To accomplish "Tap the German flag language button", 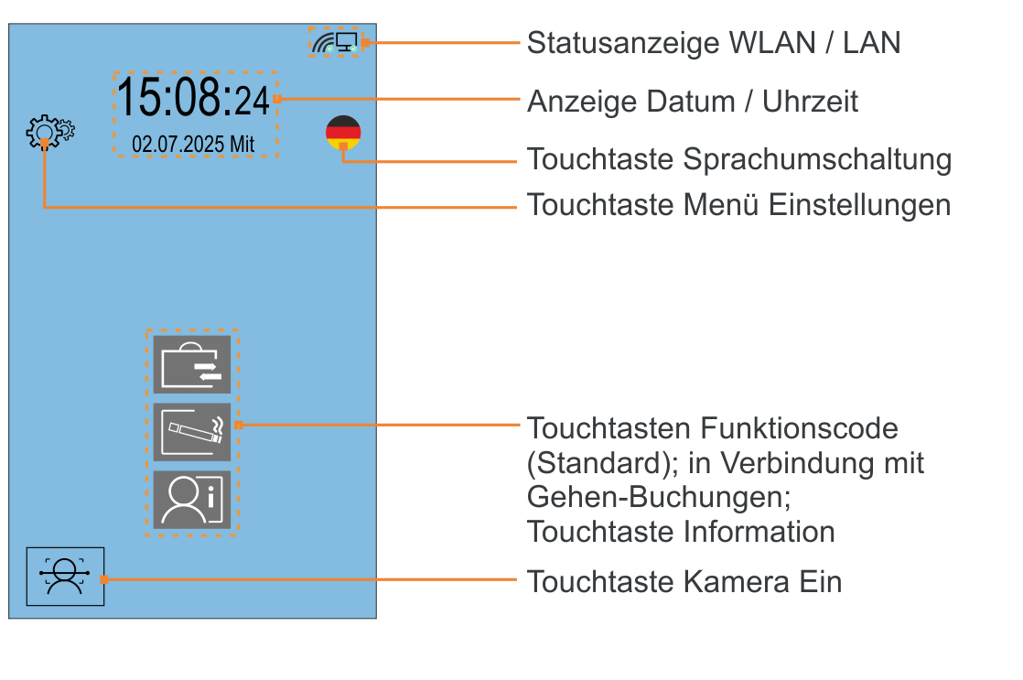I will coord(343,132).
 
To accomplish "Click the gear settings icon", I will coord(48,133).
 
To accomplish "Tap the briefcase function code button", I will coord(192,364).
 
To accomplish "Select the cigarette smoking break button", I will coord(192,431).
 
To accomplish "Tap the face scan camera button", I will coord(65,577).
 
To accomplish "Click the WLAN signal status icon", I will coord(323,42).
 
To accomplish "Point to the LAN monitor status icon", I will coord(347,42).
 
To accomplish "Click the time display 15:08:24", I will coord(194,98).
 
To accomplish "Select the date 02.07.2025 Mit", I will coord(193,144).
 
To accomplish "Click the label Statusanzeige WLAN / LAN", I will coord(714,42).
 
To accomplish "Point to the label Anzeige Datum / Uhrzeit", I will coord(693,101).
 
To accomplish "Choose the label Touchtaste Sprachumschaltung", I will coord(739,159).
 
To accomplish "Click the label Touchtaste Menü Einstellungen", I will coord(739,204).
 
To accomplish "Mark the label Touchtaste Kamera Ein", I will coord(684,581).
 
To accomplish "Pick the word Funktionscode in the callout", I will coord(800,428).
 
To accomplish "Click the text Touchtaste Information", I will coord(681,531).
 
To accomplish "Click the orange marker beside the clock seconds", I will coord(277,99).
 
